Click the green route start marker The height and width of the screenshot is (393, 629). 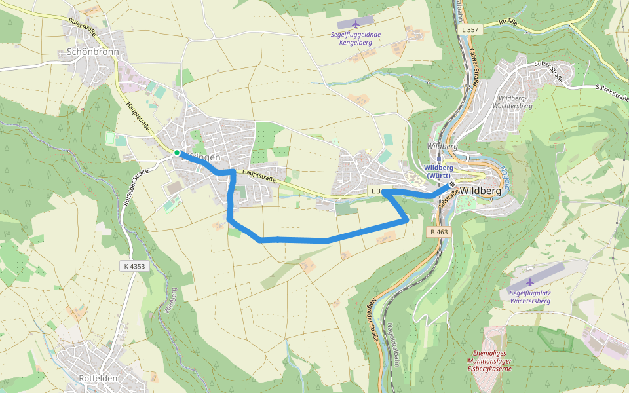[177, 153]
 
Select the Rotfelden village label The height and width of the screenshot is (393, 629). [98, 379]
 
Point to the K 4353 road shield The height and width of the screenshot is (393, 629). [133, 266]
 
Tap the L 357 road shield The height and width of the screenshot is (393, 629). [470, 30]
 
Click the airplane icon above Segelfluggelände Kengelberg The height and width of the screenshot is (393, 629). [356, 24]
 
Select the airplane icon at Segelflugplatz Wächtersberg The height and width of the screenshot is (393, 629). [530, 282]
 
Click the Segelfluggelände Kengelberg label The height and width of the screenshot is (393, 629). [356, 38]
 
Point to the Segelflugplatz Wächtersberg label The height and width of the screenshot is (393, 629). [530, 297]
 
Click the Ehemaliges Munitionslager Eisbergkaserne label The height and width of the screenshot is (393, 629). [489, 360]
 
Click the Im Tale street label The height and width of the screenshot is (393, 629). [508, 23]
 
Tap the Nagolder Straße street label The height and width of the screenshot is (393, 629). [372, 321]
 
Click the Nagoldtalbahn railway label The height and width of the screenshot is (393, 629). [391, 345]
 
